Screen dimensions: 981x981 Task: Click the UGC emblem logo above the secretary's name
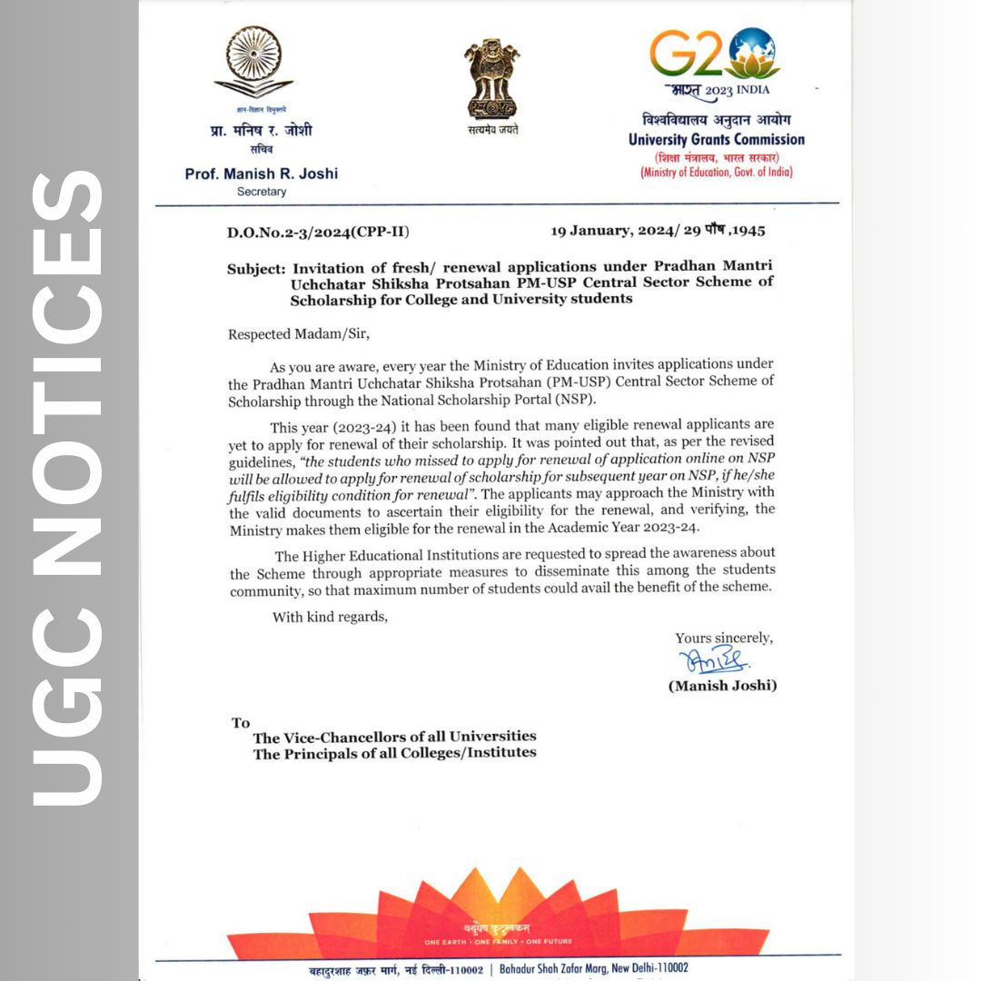[253, 64]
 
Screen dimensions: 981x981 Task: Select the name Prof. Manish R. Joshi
[261, 173]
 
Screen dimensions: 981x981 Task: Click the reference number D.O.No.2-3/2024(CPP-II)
[318, 233]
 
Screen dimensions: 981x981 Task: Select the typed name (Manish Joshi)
[722, 686]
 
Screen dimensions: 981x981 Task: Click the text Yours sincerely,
[724, 638]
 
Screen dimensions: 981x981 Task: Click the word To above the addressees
[241, 723]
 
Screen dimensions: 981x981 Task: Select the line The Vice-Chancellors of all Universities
[394, 737]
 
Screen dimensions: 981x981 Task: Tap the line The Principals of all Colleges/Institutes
[394, 753]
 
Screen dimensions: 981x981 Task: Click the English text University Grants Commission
[716, 139]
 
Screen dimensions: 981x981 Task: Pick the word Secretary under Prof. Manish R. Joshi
[261, 192]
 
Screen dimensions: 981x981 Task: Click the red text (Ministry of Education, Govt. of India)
[716, 173]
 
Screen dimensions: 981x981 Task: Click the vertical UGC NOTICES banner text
[68, 490]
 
